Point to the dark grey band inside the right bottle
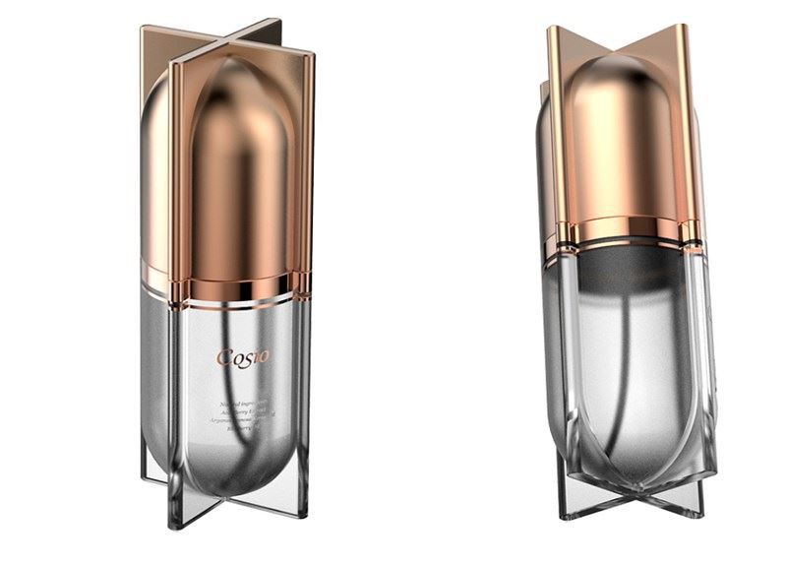[x=623, y=266]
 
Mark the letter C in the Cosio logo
[x=225, y=356]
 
